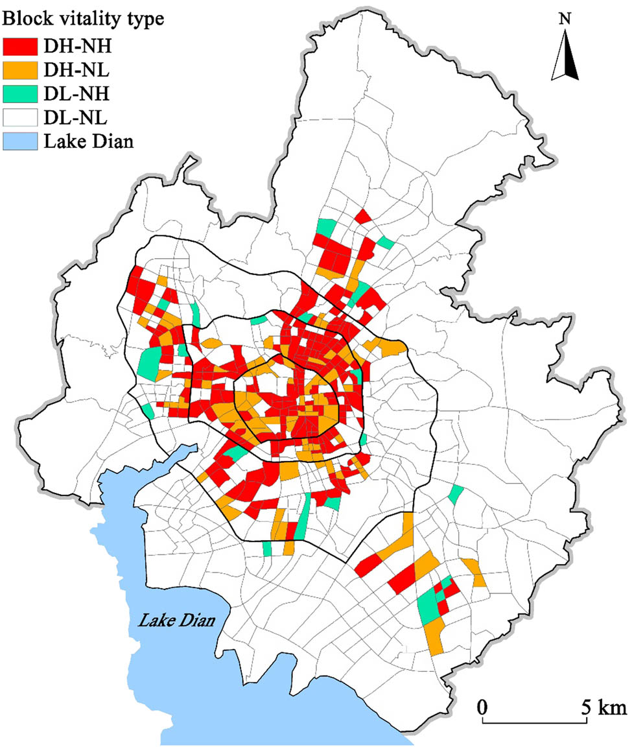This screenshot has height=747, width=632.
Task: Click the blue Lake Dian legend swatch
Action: [x=21, y=141]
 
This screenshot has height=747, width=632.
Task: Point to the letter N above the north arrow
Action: [x=565, y=19]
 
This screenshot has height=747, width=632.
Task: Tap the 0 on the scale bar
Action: [x=482, y=705]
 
